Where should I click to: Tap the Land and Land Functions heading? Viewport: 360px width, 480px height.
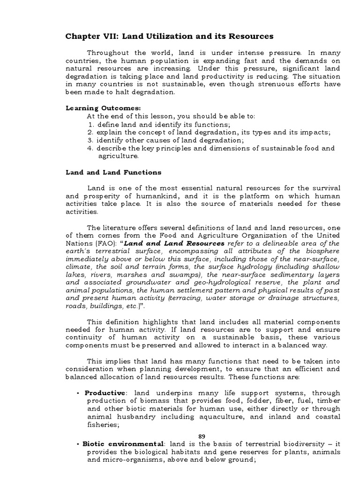113,172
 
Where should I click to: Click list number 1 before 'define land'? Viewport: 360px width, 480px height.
90,124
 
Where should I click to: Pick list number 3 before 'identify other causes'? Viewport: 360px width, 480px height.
90,140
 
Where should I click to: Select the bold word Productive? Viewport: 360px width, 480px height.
105,393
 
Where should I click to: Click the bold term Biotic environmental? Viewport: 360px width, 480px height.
123,443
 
